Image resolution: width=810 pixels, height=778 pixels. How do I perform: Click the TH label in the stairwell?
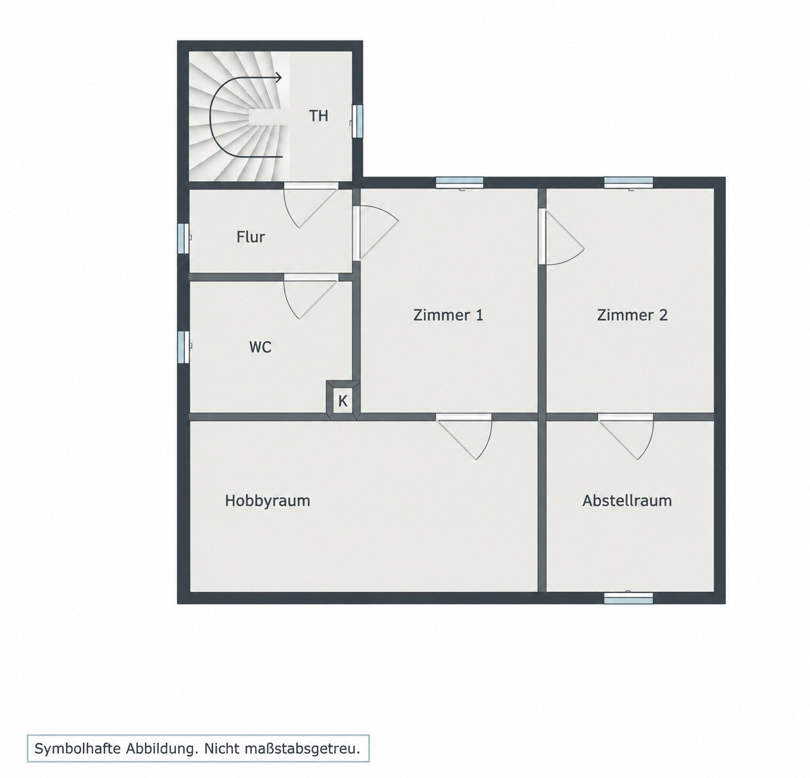click(318, 116)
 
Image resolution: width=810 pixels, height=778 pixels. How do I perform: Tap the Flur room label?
click(251, 237)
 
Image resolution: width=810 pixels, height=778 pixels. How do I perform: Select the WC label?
click(260, 347)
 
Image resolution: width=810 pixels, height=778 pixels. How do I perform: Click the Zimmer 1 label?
click(448, 315)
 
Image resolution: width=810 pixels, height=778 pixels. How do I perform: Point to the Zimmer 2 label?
click(632, 315)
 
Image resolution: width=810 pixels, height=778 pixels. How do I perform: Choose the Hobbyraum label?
click(268, 501)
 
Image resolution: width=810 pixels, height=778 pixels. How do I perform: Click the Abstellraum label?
click(627, 501)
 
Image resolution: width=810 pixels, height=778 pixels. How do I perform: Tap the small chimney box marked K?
click(342, 400)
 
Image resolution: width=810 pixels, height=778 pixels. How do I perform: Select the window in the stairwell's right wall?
click(357, 121)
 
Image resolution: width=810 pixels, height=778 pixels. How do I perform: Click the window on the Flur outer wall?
click(184, 238)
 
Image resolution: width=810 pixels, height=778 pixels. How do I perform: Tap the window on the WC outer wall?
click(184, 346)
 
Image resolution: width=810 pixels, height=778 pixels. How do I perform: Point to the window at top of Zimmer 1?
click(460, 182)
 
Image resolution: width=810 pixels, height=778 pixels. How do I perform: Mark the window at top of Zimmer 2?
click(628, 182)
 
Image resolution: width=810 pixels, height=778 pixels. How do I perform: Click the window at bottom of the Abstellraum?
click(628, 598)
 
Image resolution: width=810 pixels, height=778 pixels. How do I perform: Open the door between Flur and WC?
click(311, 296)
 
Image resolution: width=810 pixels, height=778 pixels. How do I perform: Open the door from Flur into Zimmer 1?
click(375, 233)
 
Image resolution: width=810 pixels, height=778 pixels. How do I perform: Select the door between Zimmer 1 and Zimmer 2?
click(561, 237)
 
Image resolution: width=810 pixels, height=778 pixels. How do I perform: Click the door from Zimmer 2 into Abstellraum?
click(626, 437)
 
